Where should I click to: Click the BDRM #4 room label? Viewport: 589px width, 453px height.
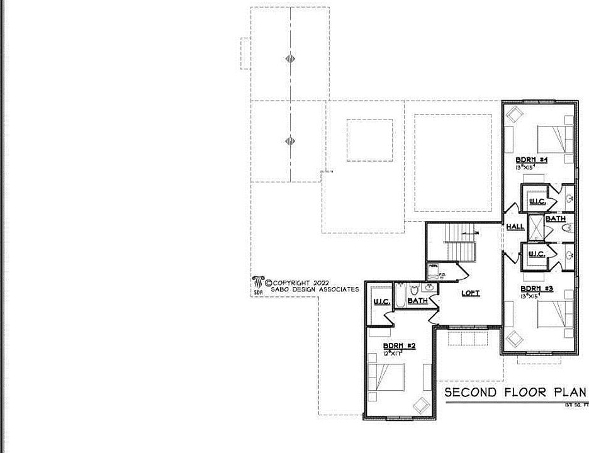(x=532, y=160)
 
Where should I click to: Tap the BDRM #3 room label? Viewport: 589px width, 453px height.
(x=536, y=289)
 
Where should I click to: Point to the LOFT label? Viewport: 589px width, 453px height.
(x=471, y=293)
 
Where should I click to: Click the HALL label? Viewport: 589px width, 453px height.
(x=515, y=226)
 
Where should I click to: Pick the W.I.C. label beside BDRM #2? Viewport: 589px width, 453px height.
(x=382, y=303)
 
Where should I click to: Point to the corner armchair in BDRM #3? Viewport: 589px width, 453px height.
(x=514, y=338)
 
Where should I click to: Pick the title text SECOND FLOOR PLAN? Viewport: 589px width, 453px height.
(x=515, y=393)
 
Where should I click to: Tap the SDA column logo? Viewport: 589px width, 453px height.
(x=257, y=284)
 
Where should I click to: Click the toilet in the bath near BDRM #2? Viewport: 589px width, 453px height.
(x=414, y=290)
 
